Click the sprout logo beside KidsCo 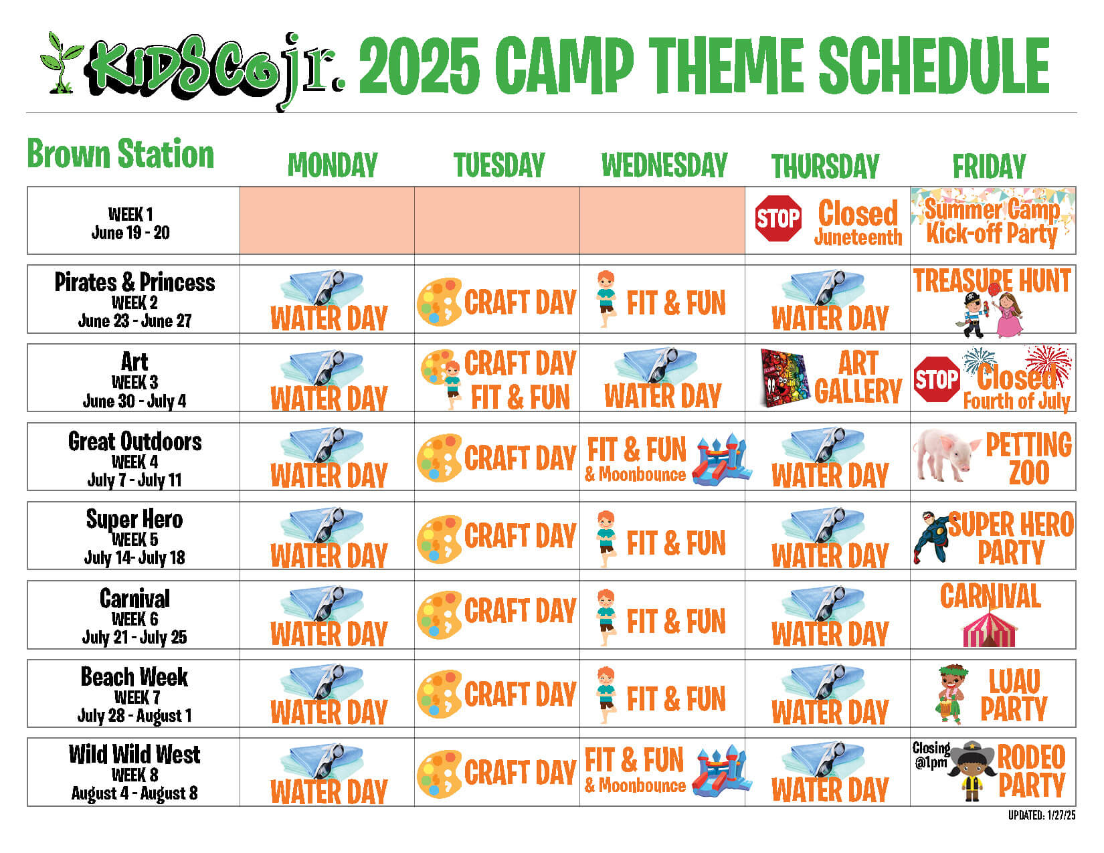[62, 63]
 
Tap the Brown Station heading [120, 153]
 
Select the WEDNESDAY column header [664, 165]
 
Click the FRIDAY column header [989, 166]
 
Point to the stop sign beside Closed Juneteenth [778, 219]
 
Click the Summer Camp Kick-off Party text [992, 221]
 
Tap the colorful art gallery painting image [786, 378]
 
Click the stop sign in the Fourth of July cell [937, 379]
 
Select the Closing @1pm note [931, 755]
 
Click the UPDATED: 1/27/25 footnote [1042, 816]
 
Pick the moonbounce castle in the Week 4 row [722, 460]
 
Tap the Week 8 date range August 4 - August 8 [134, 793]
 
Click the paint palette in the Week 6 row [439, 615]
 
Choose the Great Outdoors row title [134, 442]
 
